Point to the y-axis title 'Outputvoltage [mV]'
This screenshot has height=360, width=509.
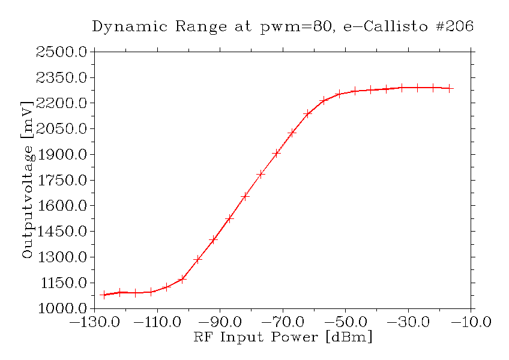pos(27,180)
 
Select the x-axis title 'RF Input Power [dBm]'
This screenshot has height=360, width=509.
pos(283,337)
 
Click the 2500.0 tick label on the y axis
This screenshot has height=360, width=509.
pos(62,52)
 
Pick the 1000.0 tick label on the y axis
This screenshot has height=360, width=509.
pos(62,308)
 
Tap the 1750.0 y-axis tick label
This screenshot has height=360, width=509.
pos(62,181)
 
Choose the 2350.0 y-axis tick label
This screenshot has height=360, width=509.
pos(62,78)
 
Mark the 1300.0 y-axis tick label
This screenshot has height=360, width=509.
pos(62,257)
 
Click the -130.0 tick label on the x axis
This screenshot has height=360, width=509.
pos(94,322)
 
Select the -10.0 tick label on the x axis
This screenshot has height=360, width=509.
pos(471,322)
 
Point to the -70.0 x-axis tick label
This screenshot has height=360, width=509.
pos(283,322)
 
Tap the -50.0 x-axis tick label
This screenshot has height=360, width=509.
pos(346,322)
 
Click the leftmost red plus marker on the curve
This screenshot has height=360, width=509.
pos(104,295)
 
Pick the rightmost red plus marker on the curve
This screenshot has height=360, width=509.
pos(449,88)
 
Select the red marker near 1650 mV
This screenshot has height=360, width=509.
pos(245,196)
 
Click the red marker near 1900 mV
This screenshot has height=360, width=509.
pos(276,154)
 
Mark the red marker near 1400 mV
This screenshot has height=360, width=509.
pos(213,240)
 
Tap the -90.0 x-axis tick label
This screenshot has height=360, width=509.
pos(220,322)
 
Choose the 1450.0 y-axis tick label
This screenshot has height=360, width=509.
pos(62,232)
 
